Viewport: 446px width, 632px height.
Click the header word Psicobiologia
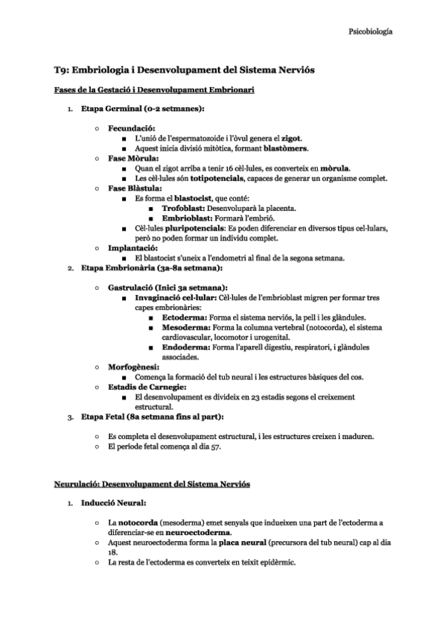(x=371, y=32)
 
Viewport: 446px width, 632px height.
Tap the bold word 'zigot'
(x=290, y=139)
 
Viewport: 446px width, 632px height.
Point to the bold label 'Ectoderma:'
(x=185, y=317)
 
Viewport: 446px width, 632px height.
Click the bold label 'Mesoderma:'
(x=186, y=326)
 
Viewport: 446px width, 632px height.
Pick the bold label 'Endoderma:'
(x=186, y=347)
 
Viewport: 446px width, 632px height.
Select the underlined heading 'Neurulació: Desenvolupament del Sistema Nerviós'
(x=152, y=484)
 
